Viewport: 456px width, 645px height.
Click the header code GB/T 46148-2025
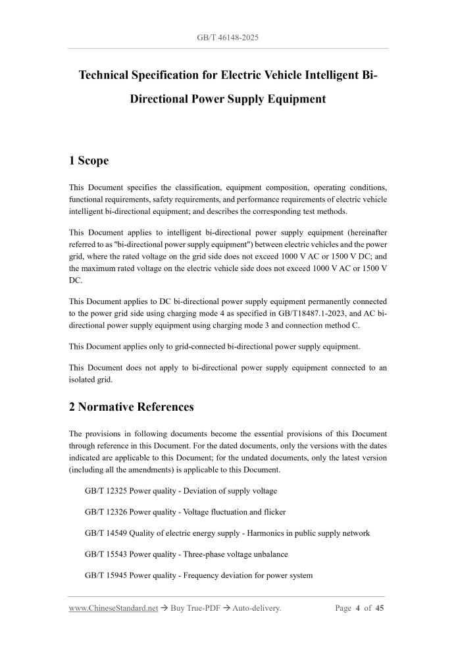tap(228, 38)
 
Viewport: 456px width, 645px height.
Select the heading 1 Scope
tap(89, 161)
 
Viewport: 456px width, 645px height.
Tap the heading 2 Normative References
tap(132, 407)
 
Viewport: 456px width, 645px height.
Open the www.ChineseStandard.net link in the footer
tap(113, 608)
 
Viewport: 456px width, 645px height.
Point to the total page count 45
tap(380, 608)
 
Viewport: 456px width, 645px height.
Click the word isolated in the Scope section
tap(83, 379)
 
